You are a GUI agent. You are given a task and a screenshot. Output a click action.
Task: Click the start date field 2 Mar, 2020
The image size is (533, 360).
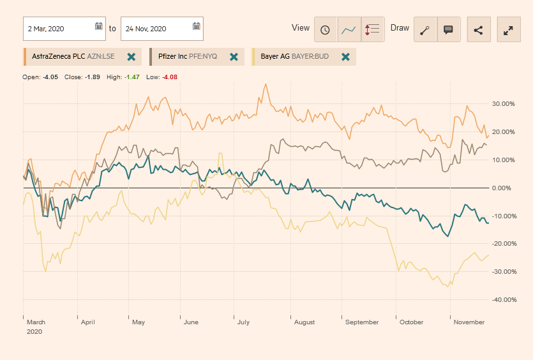click(x=57, y=29)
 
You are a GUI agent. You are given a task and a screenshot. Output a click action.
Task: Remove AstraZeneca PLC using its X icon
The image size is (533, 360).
click(x=131, y=57)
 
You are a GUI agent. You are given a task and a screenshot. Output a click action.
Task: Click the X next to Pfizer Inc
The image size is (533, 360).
click(x=234, y=57)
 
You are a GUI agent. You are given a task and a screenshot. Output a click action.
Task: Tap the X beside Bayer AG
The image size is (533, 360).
click(x=345, y=57)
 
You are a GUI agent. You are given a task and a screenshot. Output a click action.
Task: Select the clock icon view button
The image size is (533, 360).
click(x=326, y=29)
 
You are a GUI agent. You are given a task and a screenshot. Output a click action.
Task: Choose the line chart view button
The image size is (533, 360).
click(x=349, y=29)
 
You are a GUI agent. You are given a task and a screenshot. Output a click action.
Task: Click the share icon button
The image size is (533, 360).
click(x=478, y=29)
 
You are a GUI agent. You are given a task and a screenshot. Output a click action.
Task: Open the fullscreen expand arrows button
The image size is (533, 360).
click(x=509, y=29)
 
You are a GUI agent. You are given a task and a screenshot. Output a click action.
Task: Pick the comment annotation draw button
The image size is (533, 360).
click(x=448, y=29)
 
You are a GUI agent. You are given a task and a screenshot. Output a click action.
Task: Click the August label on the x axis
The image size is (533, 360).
click(x=304, y=322)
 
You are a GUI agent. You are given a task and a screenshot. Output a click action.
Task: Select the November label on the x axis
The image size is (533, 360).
click(x=469, y=322)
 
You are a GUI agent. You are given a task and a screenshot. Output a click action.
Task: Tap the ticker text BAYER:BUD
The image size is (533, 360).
click(x=310, y=57)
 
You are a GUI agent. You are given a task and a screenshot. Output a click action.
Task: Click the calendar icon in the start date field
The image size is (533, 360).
click(x=99, y=27)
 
